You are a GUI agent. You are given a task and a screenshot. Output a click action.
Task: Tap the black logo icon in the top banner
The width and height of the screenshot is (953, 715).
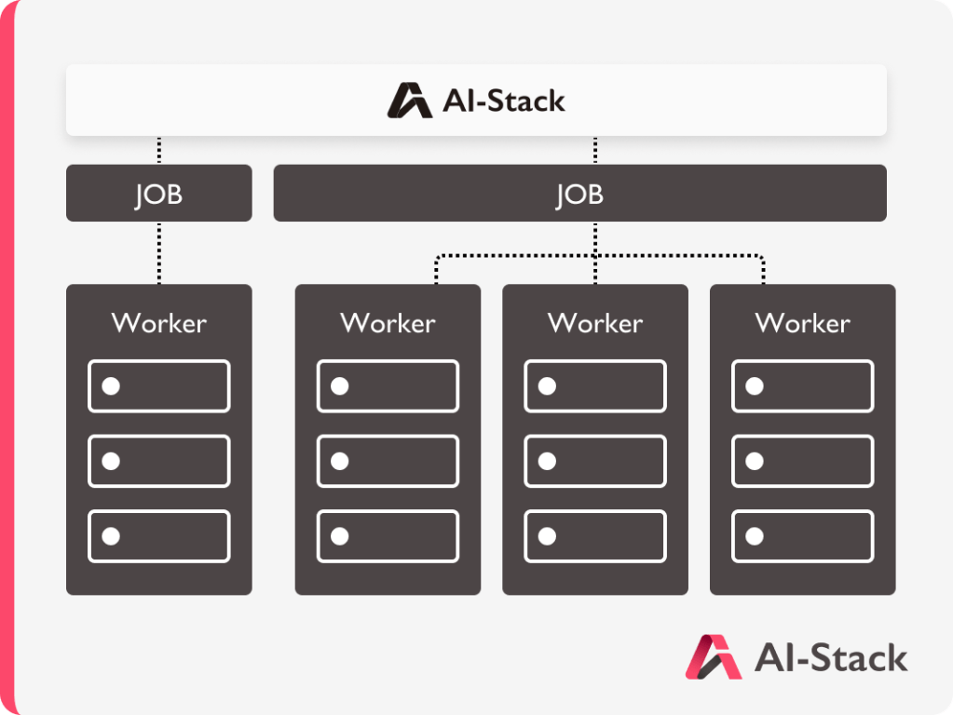coord(409,101)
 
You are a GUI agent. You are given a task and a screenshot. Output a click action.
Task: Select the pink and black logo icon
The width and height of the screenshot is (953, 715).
coord(714,656)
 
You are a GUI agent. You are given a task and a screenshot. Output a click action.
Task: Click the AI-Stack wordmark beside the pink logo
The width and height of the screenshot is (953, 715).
coord(831,658)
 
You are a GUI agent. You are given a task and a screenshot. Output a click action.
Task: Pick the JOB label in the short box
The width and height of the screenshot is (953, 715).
coord(158,195)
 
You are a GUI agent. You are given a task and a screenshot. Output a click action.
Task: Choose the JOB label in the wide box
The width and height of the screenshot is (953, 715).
coord(579,195)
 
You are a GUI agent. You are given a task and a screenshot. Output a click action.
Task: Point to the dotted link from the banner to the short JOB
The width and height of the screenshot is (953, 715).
coord(159,150)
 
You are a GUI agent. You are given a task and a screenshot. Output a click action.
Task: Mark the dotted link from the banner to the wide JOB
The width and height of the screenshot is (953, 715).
coord(595,150)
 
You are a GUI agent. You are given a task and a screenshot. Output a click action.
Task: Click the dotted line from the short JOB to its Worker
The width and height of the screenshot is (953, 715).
coord(159,252)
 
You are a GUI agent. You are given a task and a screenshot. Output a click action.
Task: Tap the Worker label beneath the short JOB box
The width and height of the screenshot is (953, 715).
coord(158,323)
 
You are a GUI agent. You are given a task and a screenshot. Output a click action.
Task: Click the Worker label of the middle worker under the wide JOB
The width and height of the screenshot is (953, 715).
coord(595,323)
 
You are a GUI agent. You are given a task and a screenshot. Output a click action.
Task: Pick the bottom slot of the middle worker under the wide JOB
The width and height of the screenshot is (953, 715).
coord(595,536)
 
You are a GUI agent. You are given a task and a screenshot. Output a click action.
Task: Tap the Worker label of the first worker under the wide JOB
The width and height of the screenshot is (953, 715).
coord(388,323)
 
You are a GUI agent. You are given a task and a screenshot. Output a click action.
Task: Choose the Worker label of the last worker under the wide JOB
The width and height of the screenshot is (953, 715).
coord(802,323)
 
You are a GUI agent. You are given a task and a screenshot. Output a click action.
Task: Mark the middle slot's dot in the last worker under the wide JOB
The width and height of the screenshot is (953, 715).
coord(755,461)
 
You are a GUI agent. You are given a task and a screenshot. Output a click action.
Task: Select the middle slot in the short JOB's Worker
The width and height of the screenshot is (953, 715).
coord(159,461)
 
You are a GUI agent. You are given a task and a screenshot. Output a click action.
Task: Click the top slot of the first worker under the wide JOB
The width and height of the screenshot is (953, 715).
coord(388,386)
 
